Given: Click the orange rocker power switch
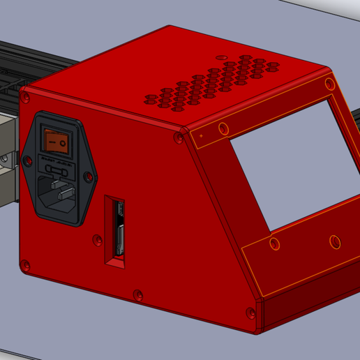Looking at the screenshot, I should point(58,142).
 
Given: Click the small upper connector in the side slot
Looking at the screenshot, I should point(120,209).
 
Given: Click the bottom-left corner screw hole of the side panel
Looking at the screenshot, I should point(26,265).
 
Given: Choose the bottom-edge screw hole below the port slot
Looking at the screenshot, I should point(137,296).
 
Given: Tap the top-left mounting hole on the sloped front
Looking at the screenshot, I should point(223,129).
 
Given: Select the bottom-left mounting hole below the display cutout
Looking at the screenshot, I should point(274,243).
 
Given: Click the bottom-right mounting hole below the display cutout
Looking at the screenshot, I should point(335,242).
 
